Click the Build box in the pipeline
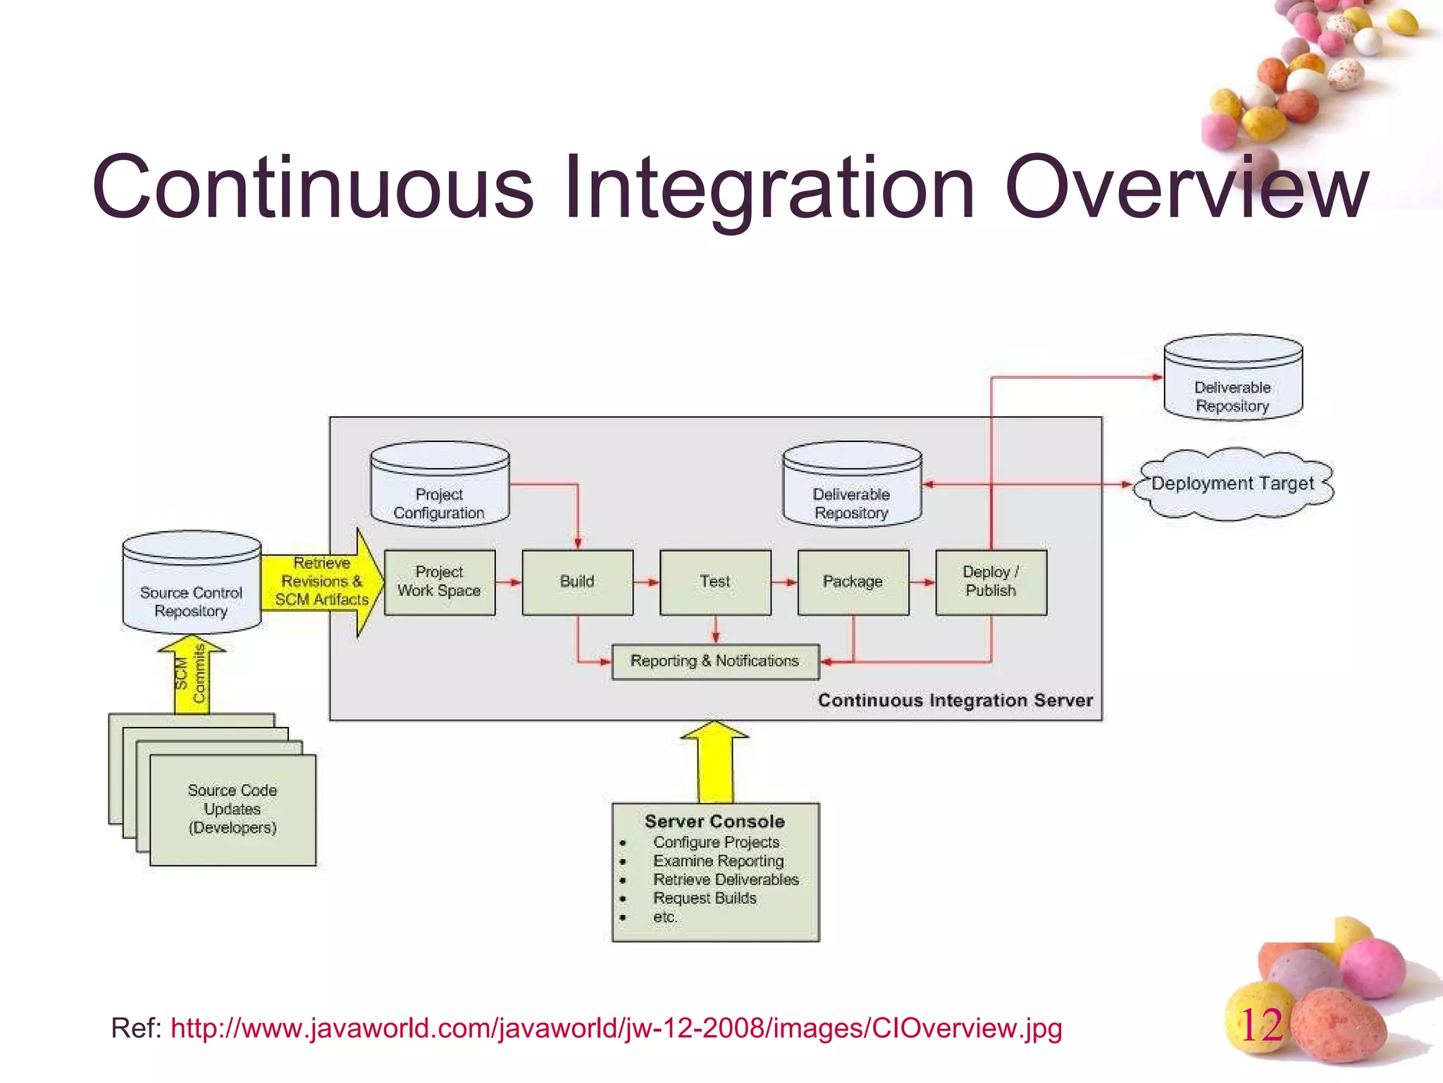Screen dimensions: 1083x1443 pos(577,582)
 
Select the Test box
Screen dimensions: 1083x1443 pos(715,582)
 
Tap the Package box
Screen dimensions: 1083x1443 pos(853,582)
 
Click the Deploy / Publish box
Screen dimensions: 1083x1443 pos(991,582)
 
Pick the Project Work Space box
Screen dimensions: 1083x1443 pos(439,582)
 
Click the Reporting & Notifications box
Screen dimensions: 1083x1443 pos(714,661)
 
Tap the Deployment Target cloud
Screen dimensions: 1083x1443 pos(1233,484)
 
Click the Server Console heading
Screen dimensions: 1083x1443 pos(714,821)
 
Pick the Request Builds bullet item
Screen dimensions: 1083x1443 pos(705,898)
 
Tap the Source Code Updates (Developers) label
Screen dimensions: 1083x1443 pos(233,809)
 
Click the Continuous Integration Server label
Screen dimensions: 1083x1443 pos(955,700)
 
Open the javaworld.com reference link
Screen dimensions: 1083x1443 pos(616,1029)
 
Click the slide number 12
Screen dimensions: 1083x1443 pos(1261,1025)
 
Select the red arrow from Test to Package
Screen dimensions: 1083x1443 pos(784,582)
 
